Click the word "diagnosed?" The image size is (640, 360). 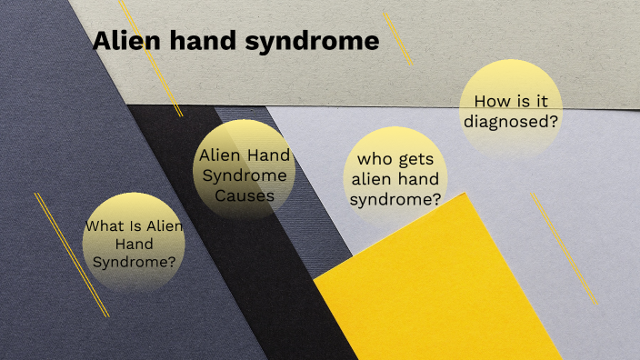(510, 120)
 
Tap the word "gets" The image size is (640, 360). (423, 162)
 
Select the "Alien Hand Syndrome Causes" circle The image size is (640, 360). (245, 175)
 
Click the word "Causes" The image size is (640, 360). (245, 194)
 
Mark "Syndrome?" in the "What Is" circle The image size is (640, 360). (135, 262)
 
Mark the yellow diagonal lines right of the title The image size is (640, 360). (398, 38)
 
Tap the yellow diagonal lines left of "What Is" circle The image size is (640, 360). (71, 255)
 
